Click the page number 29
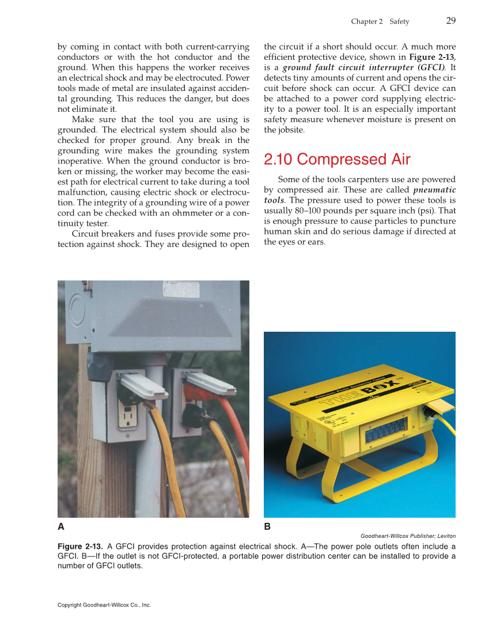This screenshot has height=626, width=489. click(450, 21)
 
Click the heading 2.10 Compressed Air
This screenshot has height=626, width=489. click(337, 159)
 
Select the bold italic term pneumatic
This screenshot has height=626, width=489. click(434, 189)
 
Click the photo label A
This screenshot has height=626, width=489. click(61, 526)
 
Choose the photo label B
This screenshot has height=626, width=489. click(267, 526)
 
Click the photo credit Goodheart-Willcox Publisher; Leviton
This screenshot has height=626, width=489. click(408, 536)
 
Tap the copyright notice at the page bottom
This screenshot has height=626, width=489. click(104, 605)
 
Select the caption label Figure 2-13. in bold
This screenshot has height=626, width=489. click(81, 546)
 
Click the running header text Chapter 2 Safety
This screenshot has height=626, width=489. click(380, 22)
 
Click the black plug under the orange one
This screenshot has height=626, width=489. click(194, 416)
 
